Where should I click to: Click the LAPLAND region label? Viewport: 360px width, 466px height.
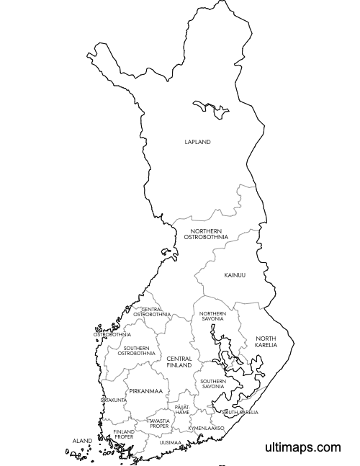coord(197,143)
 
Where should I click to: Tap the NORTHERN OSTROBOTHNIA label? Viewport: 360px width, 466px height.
coord(206,234)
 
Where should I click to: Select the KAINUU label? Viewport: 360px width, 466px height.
coord(235,275)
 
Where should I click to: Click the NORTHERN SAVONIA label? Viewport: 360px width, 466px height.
coord(212,316)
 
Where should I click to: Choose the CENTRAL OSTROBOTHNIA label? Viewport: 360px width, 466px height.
coord(151,312)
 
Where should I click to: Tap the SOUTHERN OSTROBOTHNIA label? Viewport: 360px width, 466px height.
coord(136,351)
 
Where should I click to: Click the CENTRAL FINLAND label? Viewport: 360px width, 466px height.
coord(179,362)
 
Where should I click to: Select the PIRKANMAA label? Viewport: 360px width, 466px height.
coord(145,391)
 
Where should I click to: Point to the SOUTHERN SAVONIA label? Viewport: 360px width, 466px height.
coord(212,384)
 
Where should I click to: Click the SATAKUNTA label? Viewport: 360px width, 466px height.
coord(114,400)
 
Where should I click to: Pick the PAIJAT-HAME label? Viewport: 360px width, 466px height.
coord(182,409)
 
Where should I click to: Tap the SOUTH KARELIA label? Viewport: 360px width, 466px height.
coord(240,413)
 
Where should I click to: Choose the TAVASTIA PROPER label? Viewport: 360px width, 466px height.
coord(158,423)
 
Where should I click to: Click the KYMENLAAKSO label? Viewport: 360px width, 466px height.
coord(206,428)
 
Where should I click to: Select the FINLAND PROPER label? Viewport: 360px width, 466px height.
coord(123,434)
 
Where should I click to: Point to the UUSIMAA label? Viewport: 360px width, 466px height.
coord(171,442)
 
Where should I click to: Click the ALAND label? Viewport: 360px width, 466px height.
coord(82,440)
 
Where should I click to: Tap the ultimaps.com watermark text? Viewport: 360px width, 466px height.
coord(302,447)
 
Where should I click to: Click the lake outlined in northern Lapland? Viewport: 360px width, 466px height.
coord(213,109)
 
